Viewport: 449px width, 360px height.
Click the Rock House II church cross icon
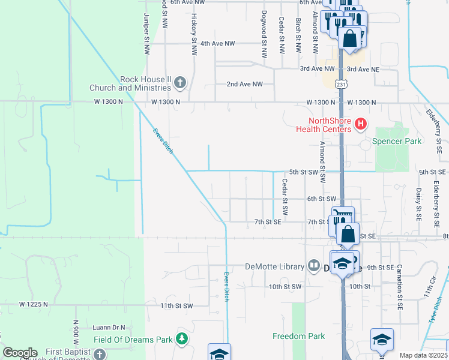(x=180, y=82)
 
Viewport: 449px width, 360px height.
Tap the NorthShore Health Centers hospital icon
(x=361, y=125)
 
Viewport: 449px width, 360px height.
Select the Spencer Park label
(x=397, y=141)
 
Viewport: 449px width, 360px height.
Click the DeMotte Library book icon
(x=314, y=266)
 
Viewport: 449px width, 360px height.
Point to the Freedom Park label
(x=298, y=336)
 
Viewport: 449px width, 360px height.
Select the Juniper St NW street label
(x=146, y=34)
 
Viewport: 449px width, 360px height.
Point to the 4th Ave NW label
(x=217, y=44)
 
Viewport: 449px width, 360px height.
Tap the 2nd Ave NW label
(x=245, y=84)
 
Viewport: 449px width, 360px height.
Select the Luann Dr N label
(x=108, y=328)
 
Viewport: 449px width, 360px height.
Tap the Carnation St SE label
(x=399, y=286)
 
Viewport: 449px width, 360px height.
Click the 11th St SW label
(x=176, y=306)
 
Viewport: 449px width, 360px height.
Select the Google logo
(x=20, y=352)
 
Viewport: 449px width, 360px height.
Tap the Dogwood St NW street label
(x=264, y=34)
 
